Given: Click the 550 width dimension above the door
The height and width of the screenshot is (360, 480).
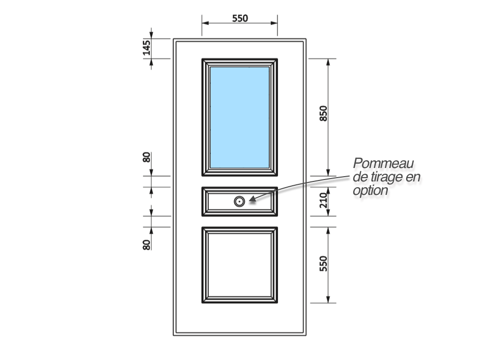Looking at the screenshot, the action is tap(240, 18).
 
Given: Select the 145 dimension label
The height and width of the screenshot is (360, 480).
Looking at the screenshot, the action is tap(146, 48).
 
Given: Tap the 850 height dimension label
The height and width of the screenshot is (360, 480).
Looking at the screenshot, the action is tap(323, 113).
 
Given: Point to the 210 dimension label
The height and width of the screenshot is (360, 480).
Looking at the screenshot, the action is tap(323, 200).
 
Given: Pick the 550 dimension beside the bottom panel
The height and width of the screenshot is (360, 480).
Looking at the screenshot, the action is tap(323, 264).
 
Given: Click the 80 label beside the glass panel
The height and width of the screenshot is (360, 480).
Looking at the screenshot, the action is tap(146, 157).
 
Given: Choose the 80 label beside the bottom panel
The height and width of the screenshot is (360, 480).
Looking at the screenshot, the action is tap(146, 245).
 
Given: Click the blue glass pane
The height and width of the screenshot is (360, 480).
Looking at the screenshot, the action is tap(240, 117).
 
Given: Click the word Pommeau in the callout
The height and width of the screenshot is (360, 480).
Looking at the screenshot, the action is tap(383, 163).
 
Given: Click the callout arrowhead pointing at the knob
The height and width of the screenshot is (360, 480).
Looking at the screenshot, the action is tap(252, 199).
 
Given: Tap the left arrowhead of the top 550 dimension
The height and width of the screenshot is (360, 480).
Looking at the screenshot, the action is tap(205, 23).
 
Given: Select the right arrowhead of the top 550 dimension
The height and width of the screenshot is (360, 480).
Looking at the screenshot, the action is tap(274, 23).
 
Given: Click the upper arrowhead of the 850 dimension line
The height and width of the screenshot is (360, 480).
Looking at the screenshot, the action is tap(328, 62).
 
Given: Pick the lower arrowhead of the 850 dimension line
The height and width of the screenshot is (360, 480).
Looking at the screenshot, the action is tap(328, 172).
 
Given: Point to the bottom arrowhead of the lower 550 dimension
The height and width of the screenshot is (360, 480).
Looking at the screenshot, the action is tap(328, 300).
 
